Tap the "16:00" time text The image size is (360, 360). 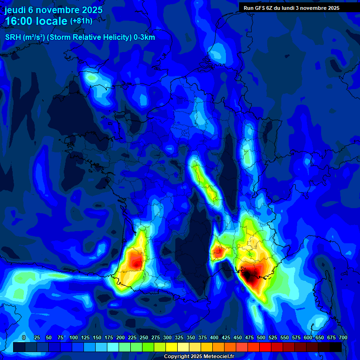tap(18, 22)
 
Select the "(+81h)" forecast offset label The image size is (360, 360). tap(81, 21)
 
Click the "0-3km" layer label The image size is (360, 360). tap(144, 37)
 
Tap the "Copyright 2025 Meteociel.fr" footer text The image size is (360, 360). tap(199, 357)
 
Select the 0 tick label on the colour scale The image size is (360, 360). tap(24, 337)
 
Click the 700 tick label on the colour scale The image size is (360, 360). tap(342, 337)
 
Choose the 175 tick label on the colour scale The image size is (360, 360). tap(109, 337)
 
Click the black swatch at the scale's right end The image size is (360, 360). tap(336, 347)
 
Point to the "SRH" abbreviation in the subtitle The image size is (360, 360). tap(12, 37)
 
